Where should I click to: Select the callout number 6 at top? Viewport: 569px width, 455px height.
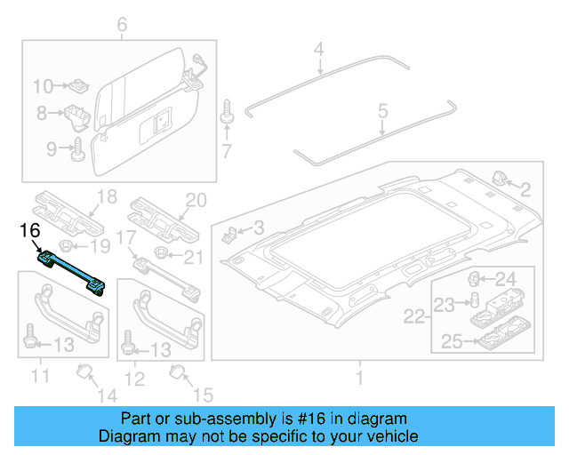coord(122,25)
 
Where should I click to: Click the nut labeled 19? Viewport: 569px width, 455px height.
coord(68,246)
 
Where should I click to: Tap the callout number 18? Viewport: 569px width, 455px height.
coord(107,197)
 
